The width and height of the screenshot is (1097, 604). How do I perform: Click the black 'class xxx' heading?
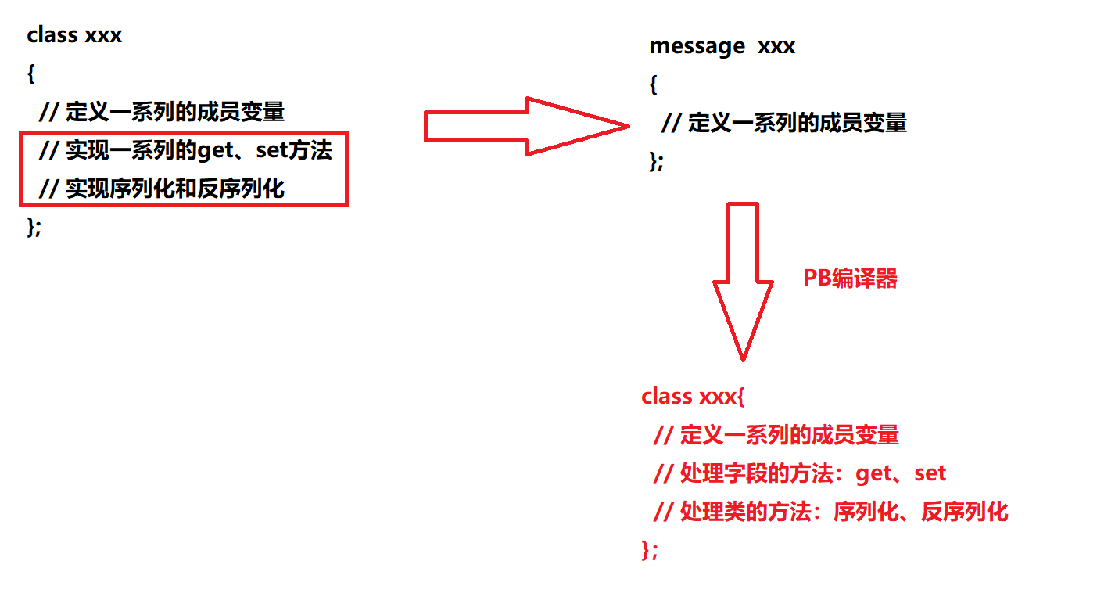(74, 35)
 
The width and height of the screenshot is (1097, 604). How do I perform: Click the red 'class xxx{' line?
(693, 397)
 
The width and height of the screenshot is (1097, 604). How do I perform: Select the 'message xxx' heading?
(722, 46)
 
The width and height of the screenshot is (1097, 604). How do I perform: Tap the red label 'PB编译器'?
(850, 279)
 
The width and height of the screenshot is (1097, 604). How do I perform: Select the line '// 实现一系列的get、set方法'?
(185, 150)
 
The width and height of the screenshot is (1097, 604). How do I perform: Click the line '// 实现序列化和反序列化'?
(161, 189)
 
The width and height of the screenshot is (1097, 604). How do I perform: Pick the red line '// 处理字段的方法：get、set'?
(799, 473)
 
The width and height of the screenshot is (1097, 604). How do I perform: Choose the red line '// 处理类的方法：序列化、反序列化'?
(830, 512)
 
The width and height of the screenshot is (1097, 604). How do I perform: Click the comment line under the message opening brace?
(783, 124)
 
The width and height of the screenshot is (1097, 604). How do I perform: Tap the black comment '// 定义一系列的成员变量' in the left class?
(161, 112)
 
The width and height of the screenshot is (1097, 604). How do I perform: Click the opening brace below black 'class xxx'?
(31, 74)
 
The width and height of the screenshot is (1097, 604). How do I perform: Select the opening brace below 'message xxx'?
(654, 85)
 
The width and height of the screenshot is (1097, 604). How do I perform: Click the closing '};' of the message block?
(657, 162)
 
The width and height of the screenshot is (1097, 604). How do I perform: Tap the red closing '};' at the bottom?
(649, 550)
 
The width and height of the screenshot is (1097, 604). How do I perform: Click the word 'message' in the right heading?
(697, 46)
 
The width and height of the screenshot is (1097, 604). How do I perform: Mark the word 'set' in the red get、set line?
(929, 473)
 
